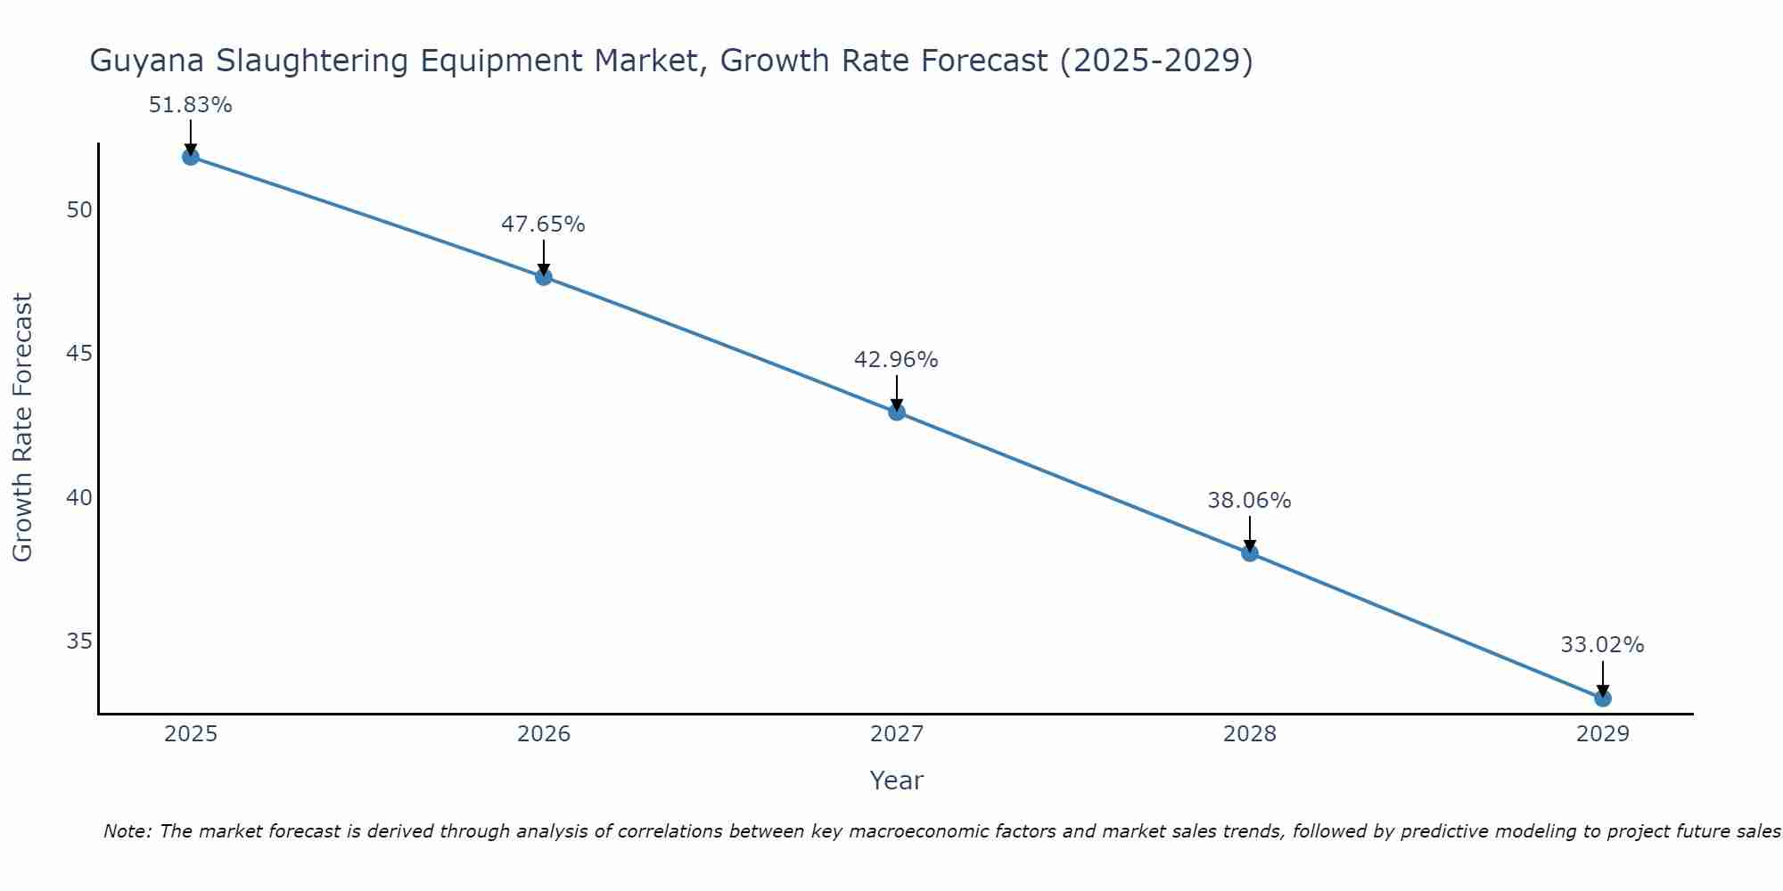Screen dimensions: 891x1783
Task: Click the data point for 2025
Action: pyautogui.click(x=190, y=157)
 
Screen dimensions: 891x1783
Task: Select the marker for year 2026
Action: pyautogui.click(x=543, y=276)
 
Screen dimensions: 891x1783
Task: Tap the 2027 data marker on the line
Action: pyautogui.click(x=897, y=412)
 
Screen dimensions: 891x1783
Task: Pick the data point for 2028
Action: pyautogui.click(x=1250, y=553)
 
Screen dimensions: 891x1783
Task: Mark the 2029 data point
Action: pyautogui.click(x=1603, y=699)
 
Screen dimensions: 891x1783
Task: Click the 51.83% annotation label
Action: pyautogui.click(x=190, y=105)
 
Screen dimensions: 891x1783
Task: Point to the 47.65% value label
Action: pyautogui.click(x=543, y=225)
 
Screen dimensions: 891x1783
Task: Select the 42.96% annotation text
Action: pyautogui.click(x=896, y=360)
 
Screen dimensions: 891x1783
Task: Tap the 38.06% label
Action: pyautogui.click(x=1249, y=501)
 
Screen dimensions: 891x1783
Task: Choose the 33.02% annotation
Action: pyautogui.click(x=1602, y=645)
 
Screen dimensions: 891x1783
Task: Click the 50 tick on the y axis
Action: pyautogui.click(x=79, y=210)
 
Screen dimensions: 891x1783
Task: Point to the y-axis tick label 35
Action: pyautogui.click(x=79, y=642)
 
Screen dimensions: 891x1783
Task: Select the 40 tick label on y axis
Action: pyautogui.click(x=79, y=497)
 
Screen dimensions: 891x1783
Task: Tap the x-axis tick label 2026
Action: pyautogui.click(x=544, y=734)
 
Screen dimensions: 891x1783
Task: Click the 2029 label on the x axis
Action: pyautogui.click(x=1603, y=734)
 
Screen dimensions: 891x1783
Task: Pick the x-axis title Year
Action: pyautogui.click(x=896, y=781)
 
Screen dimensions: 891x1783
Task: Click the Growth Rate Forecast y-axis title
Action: pyautogui.click(x=22, y=428)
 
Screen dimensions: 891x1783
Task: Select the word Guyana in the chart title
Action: pyautogui.click(x=148, y=61)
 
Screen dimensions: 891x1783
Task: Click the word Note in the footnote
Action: pyautogui.click(x=128, y=831)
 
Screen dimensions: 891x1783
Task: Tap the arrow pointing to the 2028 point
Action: pyautogui.click(x=1250, y=533)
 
